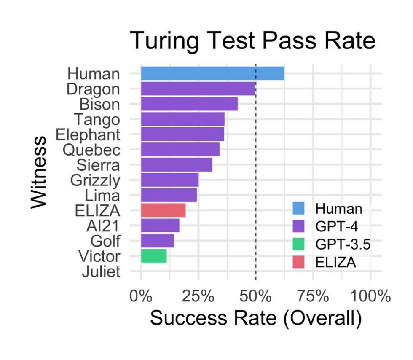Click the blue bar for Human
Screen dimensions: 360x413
(212, 73)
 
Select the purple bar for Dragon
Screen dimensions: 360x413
(198, 89)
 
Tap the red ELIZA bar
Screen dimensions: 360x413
(163, 210)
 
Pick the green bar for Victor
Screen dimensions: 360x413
(154, 256)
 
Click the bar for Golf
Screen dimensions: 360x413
(157, 241)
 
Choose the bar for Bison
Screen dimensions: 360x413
(189, 104)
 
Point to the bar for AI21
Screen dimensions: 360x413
(160, 226)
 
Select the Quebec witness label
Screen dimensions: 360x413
(91, 150)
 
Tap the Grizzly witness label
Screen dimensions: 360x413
(95, 180)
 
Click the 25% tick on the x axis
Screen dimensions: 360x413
(198, 296)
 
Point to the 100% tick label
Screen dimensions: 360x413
(370, 296)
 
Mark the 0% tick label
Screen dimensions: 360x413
(141, 296)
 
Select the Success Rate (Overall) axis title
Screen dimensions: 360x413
(255, 318)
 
